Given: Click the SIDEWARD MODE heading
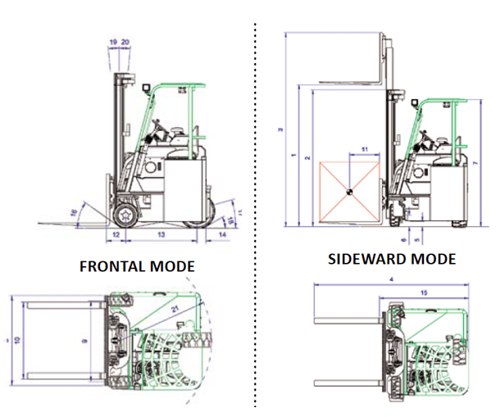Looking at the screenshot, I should (x=391, y=259).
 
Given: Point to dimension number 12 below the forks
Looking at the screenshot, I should (x=116, y=235).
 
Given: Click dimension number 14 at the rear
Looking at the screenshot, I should (x=223, y=235).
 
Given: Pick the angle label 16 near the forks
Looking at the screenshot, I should (x=74, y=212).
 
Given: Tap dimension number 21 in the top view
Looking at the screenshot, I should (x=175, y=309).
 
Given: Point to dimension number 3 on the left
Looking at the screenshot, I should (x=280, y=130).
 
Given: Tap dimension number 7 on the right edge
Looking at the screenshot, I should (x=476, y=163).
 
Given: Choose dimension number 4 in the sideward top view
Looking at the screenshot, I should (x=393, y=280).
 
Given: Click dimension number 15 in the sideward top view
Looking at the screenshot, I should (x=423, y=292).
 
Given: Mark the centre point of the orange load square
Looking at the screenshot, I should (x=348, y=193).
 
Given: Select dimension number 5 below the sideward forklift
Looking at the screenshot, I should (x=417, y=240).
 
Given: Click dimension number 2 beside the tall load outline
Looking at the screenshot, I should (x=306, y=156).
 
